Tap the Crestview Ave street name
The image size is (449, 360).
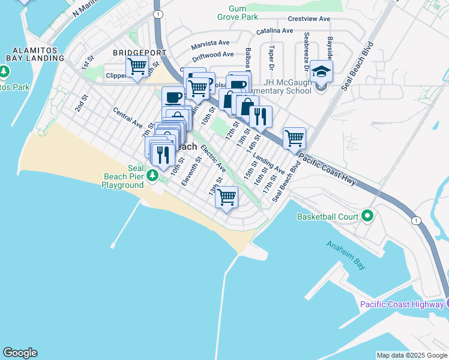(309, 19)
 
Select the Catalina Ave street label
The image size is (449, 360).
(274, 31)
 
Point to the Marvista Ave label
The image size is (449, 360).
(211, 44)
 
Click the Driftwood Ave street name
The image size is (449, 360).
(212, 55)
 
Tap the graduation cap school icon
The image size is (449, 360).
(322, 72)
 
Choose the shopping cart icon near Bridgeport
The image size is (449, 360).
(137, 66)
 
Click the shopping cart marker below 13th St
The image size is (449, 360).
(227, 196)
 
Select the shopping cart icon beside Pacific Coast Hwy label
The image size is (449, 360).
(294, 138)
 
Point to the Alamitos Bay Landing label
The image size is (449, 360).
(35, 54)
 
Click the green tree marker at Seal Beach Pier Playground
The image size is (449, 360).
(153, 175)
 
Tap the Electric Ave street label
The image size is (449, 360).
(213, 157)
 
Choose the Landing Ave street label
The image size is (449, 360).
(268, 164)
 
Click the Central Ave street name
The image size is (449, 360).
(127, 118)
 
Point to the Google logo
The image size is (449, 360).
(20, 353)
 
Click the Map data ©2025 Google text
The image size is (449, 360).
(411, 355)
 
